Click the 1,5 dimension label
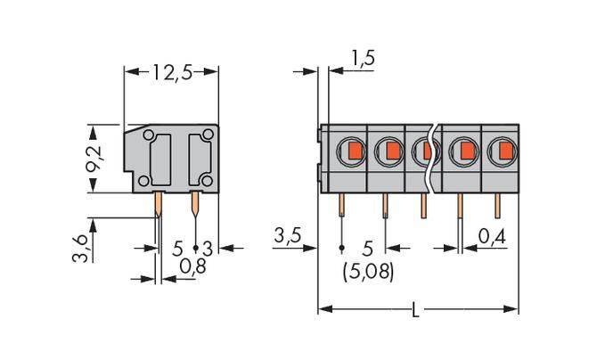click(x=362, y=60)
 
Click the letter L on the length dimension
click(x=416, y=311)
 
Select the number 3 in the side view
click(x=207, y=247)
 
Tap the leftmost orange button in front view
click(x=354, y=150)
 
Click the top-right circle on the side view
click(x=208, y=135)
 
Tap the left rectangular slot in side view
click(x=161, y=159)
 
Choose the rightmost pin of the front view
click(x=497, y=206)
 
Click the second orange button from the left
click(x=390, y=150)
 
